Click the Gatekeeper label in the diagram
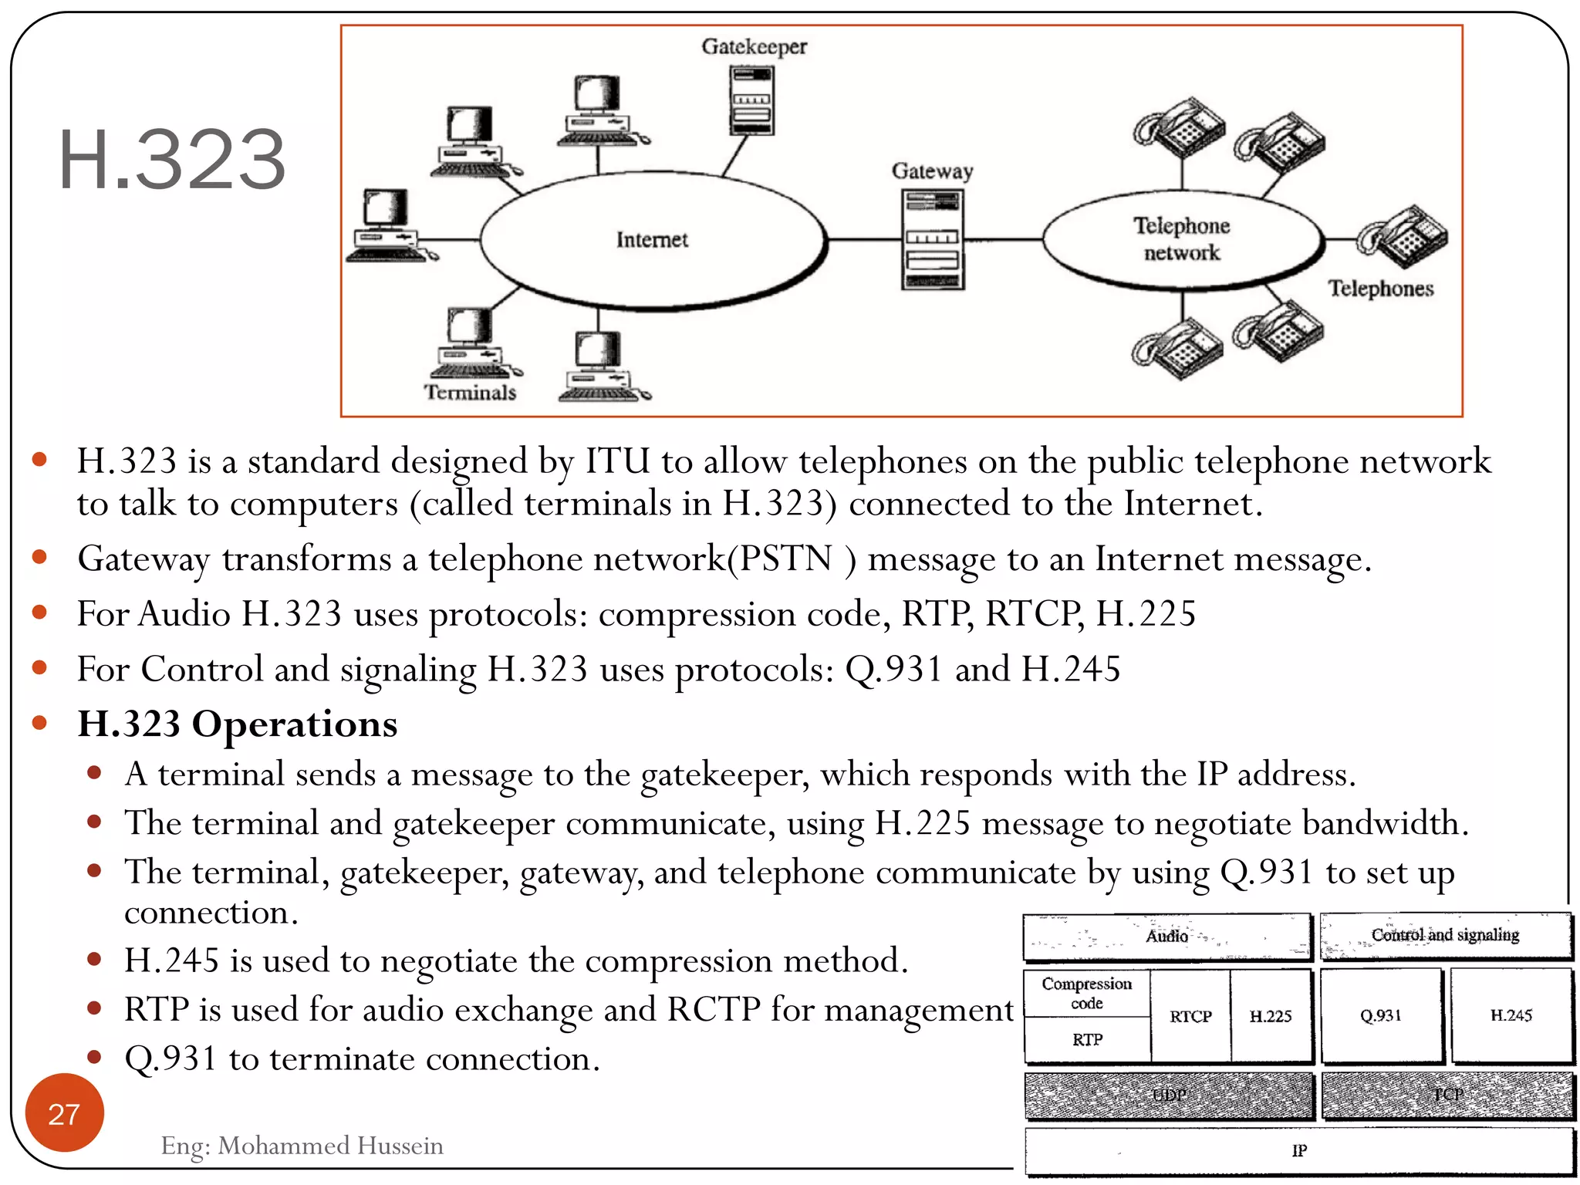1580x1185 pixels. (754, 47)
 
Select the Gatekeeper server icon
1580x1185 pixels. (751, 100)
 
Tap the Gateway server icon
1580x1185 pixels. (933, 240)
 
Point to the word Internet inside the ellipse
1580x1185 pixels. (652, 240)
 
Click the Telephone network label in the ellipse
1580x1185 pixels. (1181, 239)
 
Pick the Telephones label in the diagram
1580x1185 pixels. (1380, 289)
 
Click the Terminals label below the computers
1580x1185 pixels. (470, 393)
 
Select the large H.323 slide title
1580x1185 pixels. (172, 160)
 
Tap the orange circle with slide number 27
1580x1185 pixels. (64, 1113)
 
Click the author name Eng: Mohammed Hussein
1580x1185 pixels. (302, 1146)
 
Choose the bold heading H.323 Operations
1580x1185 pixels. (238, 724)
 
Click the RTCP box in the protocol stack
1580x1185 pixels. (1190, 1017)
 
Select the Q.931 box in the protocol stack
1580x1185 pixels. (1380, 1016)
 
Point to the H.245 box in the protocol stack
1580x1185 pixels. (1511, 1016)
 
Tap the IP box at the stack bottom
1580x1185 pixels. (1299, 1151)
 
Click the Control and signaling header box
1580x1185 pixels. (1445, 936)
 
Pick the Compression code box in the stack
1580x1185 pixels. (1086, 994)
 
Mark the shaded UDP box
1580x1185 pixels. (1169, 1096)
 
